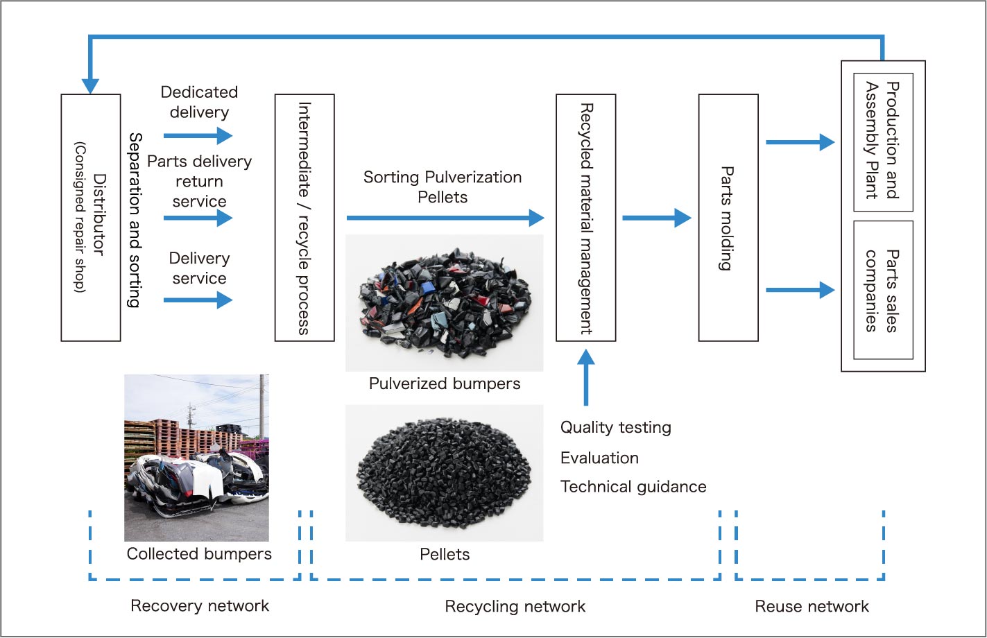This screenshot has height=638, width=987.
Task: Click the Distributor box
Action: point(91,218)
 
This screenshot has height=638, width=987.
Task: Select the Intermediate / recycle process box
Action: point(304,218)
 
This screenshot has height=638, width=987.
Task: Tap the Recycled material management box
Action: point(586,218)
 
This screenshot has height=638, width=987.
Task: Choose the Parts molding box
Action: point(728,218)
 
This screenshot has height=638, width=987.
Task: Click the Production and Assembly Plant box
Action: point(883,141)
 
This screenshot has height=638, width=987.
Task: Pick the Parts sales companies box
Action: point(883,290)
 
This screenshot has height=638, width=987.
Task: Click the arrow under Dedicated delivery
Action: point(198,135)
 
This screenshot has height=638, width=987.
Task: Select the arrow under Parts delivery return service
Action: point(198,218)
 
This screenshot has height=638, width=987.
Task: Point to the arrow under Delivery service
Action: point(198,300)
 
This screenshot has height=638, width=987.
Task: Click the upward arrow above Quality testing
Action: point(586,376)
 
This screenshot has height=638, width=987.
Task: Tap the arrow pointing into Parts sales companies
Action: point(800,290)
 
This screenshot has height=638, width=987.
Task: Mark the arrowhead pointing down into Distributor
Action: point(90,85)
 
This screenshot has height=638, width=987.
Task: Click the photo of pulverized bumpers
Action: point(444,303)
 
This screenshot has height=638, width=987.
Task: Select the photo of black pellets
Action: point(444,472)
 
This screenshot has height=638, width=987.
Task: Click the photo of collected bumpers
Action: point(196,458)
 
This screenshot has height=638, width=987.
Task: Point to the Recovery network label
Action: point(200,606)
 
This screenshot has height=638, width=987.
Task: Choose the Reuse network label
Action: point(812,607)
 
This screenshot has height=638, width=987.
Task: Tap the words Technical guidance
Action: point(633,487)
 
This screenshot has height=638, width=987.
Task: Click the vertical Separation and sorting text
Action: point(135,220)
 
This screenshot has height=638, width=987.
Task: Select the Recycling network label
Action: point(515,607)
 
